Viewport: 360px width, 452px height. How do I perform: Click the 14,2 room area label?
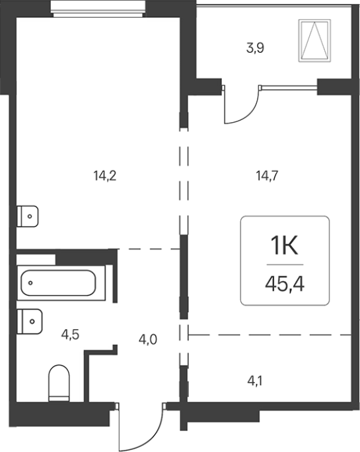pyautogui.click(x=105, y=176)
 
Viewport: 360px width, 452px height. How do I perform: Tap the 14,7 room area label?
pyautogui.click(x=268, y=176)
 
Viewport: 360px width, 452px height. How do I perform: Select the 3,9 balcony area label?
pyautogui.click(x=255, y=48)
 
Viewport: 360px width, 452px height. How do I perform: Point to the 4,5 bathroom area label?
pyautogui.click(x=70, y=335)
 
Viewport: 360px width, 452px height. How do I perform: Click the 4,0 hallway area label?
pyautogui.click(x=148, y=340)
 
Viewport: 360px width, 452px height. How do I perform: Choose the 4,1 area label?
pyautogui.click(x=255, y=381)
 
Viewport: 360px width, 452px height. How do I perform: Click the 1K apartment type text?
pyautogui.click(x=284, y=246)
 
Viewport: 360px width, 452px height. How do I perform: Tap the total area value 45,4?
pyautogui.click(x=285, y=284)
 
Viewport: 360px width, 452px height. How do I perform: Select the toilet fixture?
pyautogui.click(x=59, y=383)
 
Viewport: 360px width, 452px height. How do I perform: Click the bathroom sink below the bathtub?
pyautogui.click(x=30, y=322)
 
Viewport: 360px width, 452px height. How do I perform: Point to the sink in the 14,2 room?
pyautogui.click(x=27, y=216)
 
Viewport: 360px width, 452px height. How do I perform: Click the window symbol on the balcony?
pyautogui.click(x=314, y=41)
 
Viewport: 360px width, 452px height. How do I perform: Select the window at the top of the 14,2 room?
pyautogui.click(x=98, y=9)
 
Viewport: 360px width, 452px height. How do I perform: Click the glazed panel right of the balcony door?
pyautogui.click(x=289, y=86)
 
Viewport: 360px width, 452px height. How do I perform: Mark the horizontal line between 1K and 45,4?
pyautogui.click(x=285, y=265)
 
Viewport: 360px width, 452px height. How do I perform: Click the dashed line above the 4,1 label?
pyautogui.click(x=270, y=335)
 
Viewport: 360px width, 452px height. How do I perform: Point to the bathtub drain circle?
pyautogui.click(x=30, y=283)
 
